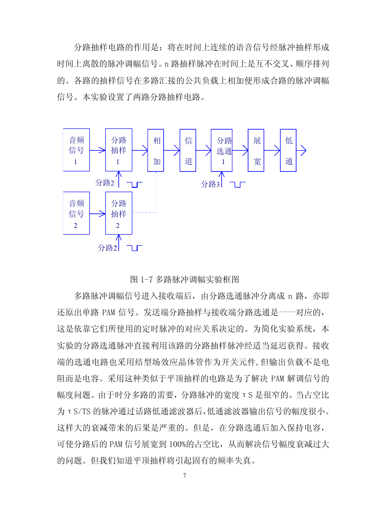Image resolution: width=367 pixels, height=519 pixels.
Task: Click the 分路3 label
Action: click(210, 184)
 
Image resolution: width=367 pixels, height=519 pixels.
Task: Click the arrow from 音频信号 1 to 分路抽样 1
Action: click(98, 151)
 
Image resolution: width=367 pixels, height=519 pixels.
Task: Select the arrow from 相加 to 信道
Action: click(172, 151)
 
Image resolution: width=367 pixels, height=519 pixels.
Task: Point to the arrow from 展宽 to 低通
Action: click(272, 151)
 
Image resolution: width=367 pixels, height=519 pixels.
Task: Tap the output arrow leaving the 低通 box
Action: click(301, 151)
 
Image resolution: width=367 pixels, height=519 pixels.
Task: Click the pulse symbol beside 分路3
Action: click(238, 184)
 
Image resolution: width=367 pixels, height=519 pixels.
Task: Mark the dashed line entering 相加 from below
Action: click(156, 192)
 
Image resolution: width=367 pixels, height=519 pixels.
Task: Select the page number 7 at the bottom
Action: click(184, 476)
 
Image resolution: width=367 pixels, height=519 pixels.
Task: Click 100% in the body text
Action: click(177, 444)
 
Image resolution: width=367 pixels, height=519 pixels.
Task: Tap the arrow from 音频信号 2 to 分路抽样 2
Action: click(98, 214)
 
